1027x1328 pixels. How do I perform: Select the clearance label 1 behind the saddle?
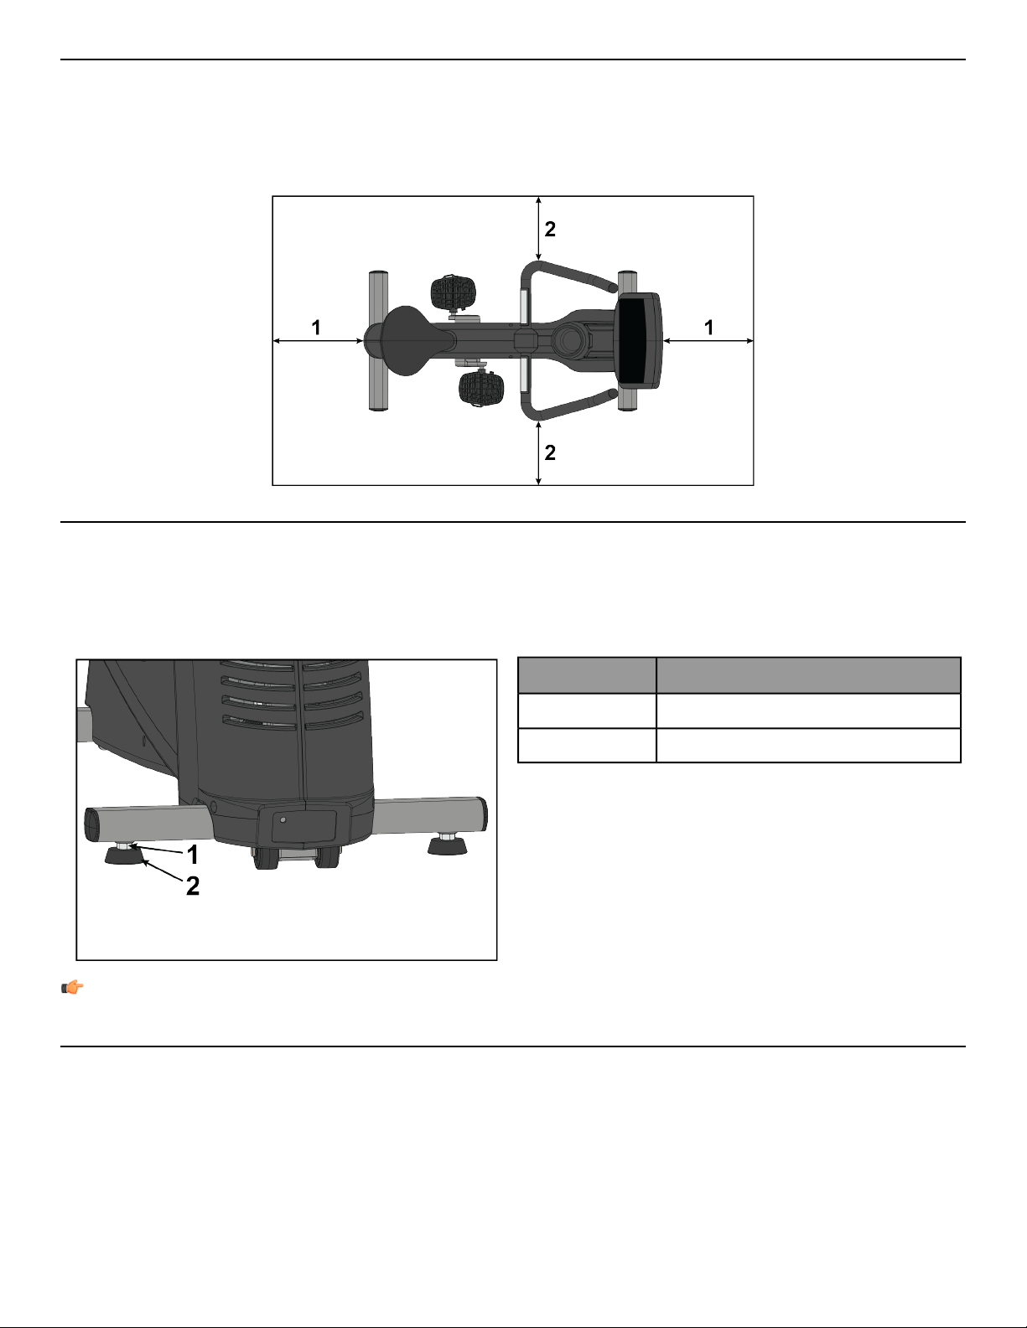coord(316,328)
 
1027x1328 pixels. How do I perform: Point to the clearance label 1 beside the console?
coord(708,328)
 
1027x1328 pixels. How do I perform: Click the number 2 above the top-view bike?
coord(550,230)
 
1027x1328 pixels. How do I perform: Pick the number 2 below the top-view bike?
coord(550,452)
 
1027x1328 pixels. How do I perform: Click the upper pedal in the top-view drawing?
coord(453,292)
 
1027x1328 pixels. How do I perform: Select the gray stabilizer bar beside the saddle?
coord(378,340)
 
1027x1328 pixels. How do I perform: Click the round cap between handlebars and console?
coord(569,340)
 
